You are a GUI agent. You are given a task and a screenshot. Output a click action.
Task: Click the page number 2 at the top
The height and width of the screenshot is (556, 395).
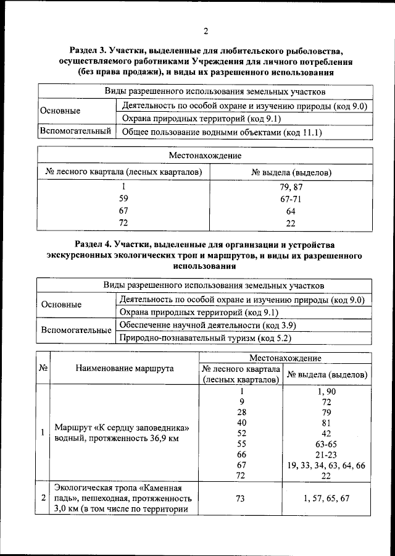tap(206, 32)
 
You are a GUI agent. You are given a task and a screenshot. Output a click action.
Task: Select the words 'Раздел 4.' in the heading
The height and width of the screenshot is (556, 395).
tap(96, 245)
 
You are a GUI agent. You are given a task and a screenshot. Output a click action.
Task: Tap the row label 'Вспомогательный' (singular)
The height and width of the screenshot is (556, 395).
tap(75, 132)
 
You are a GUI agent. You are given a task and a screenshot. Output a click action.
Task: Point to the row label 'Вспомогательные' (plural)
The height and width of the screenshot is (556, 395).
tap(76, 331)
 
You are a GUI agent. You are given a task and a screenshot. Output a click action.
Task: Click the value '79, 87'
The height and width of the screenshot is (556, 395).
tap(291, 186)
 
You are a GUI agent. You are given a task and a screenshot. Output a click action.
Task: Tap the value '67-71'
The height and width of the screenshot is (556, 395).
tap(291, 198)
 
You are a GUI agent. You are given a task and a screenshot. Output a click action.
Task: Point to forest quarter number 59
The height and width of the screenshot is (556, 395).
tap(123, 198)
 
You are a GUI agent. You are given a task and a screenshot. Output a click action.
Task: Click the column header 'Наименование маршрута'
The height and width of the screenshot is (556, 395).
tap(125, 368)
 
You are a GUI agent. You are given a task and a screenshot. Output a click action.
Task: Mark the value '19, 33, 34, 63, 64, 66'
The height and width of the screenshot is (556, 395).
tap(326, 465)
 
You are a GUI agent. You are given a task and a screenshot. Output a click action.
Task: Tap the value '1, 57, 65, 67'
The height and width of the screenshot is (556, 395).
tap(326, 498)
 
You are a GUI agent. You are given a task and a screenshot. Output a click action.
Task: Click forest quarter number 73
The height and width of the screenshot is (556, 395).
tap(241, 498)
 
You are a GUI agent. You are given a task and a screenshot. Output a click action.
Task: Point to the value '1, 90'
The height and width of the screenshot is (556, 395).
tap(326, 390)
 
